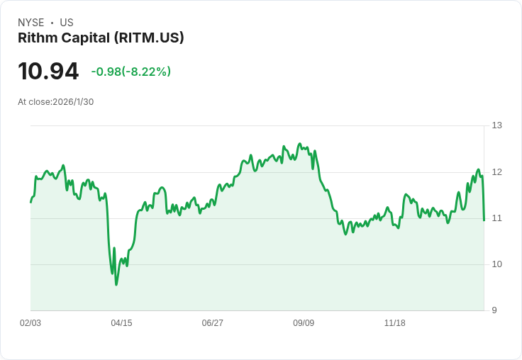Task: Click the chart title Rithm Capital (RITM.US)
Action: [x=101, y=38]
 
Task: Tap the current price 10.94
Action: [x=48, y=72]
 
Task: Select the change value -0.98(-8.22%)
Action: [x=130, y=72]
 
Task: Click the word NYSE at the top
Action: [x=30, y=23]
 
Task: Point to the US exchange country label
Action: [x=67, y=23]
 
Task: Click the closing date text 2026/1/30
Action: [x=73, y=101]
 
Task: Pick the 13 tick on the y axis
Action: [x=497, y=125]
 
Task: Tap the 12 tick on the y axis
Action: [x=497, y=172]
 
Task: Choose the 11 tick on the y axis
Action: [x=497, y=218]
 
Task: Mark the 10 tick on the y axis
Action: [x=497, y=264]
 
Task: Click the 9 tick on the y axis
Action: [x=494, y=310]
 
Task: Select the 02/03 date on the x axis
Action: [x=30, y=323]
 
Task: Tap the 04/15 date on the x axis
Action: [x=121, y=323]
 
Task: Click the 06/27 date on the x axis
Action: [x=212, y=323]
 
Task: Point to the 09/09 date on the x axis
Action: [x=304, y=323]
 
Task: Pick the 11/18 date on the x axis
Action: [x=394, y=323]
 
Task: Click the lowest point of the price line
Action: [x=116, y=284]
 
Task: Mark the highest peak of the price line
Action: [x=299, y=144]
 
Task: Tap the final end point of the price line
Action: [x=484, y=220]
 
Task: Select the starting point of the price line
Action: [x=30, y=203]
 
